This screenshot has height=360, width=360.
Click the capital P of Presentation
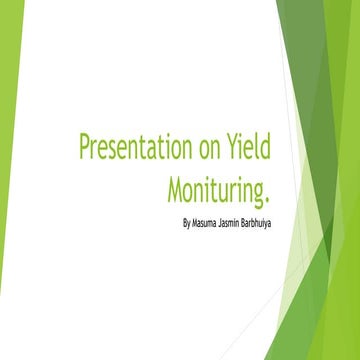point(85,148)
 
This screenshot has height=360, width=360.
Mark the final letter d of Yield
point(268,148)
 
